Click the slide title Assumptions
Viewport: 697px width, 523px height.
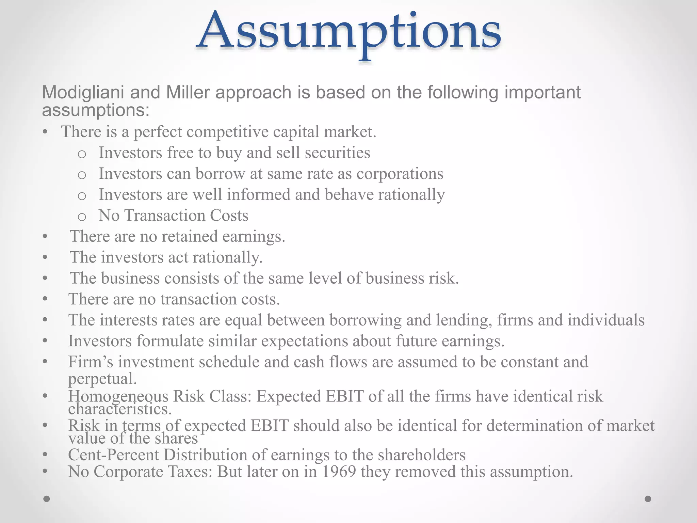pos(348,32)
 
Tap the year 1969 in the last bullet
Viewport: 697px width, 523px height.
pos(339,472)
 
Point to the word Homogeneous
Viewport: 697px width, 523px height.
pos(118,396)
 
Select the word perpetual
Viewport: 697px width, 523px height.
pos(102,379)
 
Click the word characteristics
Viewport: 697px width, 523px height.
pos(119,409)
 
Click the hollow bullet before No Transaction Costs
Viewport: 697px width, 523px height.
pos(82,217)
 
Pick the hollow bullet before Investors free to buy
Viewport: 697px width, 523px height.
pos(82,154)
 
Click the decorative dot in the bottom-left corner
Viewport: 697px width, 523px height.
pos(47,499)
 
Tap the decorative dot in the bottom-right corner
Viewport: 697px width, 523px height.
pos(648,499)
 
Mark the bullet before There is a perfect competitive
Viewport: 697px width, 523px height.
pos(45,132)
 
